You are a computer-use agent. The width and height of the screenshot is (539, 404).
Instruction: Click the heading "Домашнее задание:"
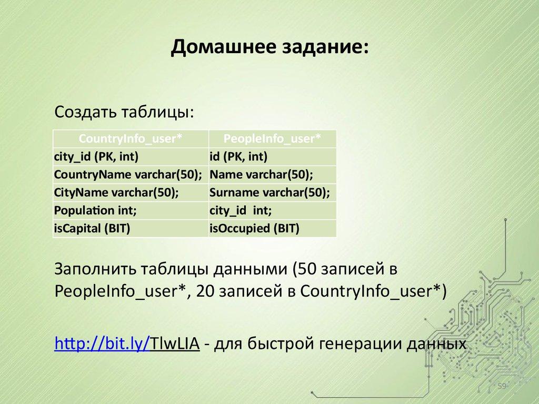(x=269, y=48)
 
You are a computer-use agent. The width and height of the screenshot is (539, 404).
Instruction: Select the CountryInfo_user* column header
(x=131, y=138)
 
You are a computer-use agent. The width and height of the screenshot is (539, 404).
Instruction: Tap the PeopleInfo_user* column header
(x=272, y=138)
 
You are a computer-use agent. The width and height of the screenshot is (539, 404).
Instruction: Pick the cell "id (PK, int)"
(x=238, y=156)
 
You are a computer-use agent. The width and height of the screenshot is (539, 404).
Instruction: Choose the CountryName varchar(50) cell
(x=128, y=174)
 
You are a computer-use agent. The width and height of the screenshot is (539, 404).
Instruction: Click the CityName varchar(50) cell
(x=116, y=193)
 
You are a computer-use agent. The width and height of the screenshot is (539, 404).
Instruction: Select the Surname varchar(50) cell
(x=269, y=193)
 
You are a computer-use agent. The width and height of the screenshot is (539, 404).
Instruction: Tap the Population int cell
(x=95, y=210)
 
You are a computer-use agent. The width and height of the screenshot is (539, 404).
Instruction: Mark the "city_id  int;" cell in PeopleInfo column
(x=241, y=210)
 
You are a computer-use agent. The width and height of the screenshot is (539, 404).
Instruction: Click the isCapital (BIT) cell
(x=92, y=228)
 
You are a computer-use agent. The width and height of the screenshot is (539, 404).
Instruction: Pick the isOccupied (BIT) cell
(x=254, y=228)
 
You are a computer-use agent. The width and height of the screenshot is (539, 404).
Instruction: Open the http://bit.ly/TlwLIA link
(x=126, y=345)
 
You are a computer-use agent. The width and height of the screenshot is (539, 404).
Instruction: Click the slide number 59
(x=502, y=387)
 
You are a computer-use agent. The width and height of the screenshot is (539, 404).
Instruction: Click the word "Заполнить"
(x=94, y=270)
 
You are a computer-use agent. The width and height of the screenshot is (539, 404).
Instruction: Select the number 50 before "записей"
(x=307, y=270)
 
